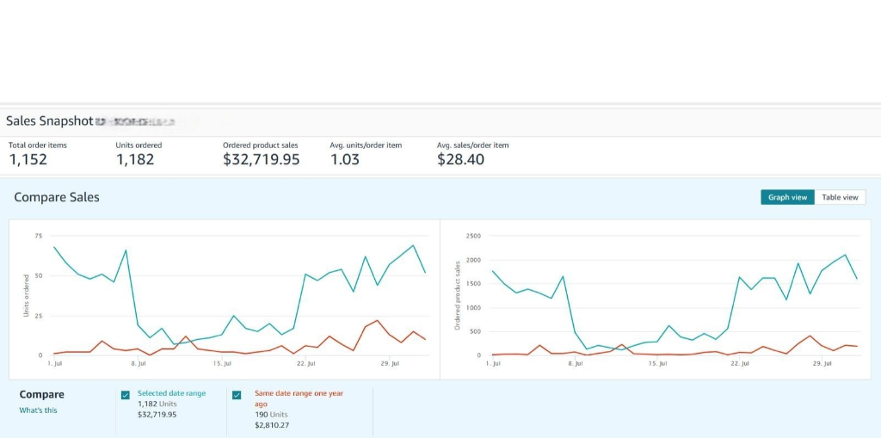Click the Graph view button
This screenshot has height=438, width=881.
tap(787, 197)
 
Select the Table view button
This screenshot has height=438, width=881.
tap(840, 197)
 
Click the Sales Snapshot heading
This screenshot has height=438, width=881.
tap(49, 121)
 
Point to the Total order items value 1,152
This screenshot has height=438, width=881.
tap(28, 159)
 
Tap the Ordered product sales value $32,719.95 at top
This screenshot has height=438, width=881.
tap(261, 159)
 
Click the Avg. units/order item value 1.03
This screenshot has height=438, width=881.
tap(344, 159)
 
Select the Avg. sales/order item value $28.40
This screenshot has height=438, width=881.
tap(460, 159)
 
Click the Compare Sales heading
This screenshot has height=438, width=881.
tap(57, 197)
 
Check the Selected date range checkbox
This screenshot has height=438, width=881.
tap(126, 395)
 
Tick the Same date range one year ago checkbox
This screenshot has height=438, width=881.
tap(237, 395)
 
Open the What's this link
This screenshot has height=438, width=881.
tap(38, 410)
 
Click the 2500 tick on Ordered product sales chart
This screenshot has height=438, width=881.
tap(474, 236)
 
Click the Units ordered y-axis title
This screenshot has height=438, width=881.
tap(27, 296)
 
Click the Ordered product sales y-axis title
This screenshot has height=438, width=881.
tap(458, 296)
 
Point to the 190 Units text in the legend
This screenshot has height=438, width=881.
tap(272, 414)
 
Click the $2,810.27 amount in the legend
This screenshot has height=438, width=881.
tap(272, 425)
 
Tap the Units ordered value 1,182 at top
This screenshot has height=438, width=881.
tap(134, 159)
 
